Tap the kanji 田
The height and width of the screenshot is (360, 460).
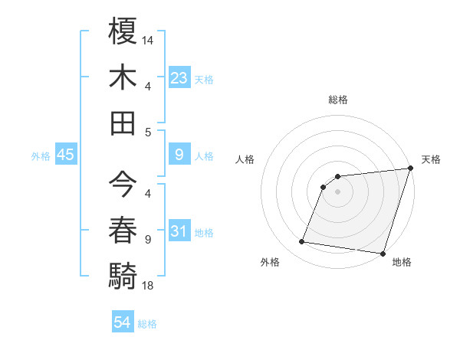click(123, 123)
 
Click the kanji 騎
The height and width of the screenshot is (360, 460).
click(123, 275)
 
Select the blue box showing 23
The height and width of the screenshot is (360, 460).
click(179, 77)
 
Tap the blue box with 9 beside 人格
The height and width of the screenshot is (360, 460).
click(179, 155)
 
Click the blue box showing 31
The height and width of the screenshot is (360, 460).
click(179, 231)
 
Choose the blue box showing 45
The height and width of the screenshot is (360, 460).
click(65, 155)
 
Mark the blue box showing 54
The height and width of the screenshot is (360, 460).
click(122, 322)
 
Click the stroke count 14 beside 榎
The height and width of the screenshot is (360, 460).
click(148, 39)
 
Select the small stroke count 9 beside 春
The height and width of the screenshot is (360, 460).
click(147, 239)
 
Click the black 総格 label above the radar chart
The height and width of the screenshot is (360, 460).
click(337, 100)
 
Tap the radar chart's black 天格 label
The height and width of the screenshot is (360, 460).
click(431, 159)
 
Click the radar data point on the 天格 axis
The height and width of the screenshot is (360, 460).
click(410, 169)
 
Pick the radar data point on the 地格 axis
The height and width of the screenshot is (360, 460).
click(383, 253)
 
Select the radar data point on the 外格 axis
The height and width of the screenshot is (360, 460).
click(302, 242)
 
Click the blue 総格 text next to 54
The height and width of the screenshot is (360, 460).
click(147, 323)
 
